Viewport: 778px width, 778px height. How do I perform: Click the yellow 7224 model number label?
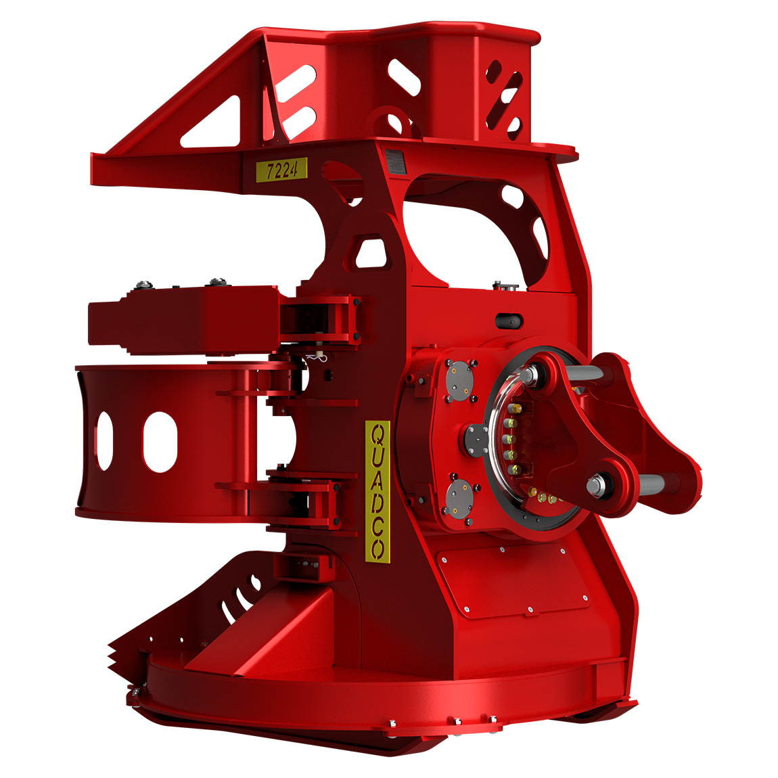281,169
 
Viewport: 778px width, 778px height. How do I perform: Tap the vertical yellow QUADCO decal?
377,491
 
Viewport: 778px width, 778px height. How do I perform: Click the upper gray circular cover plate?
459,379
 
